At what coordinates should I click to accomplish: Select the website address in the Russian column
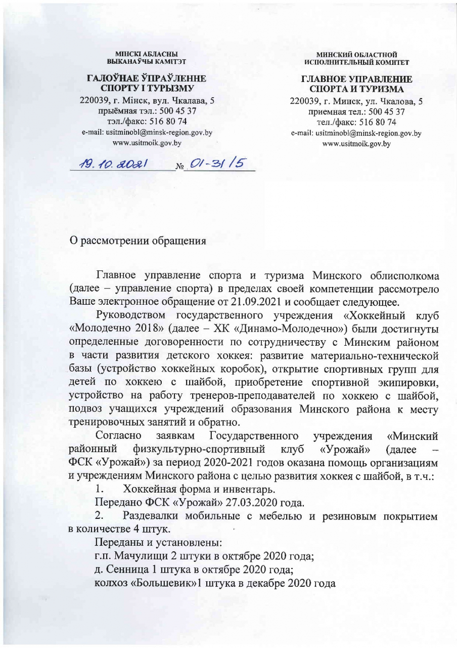356,144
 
